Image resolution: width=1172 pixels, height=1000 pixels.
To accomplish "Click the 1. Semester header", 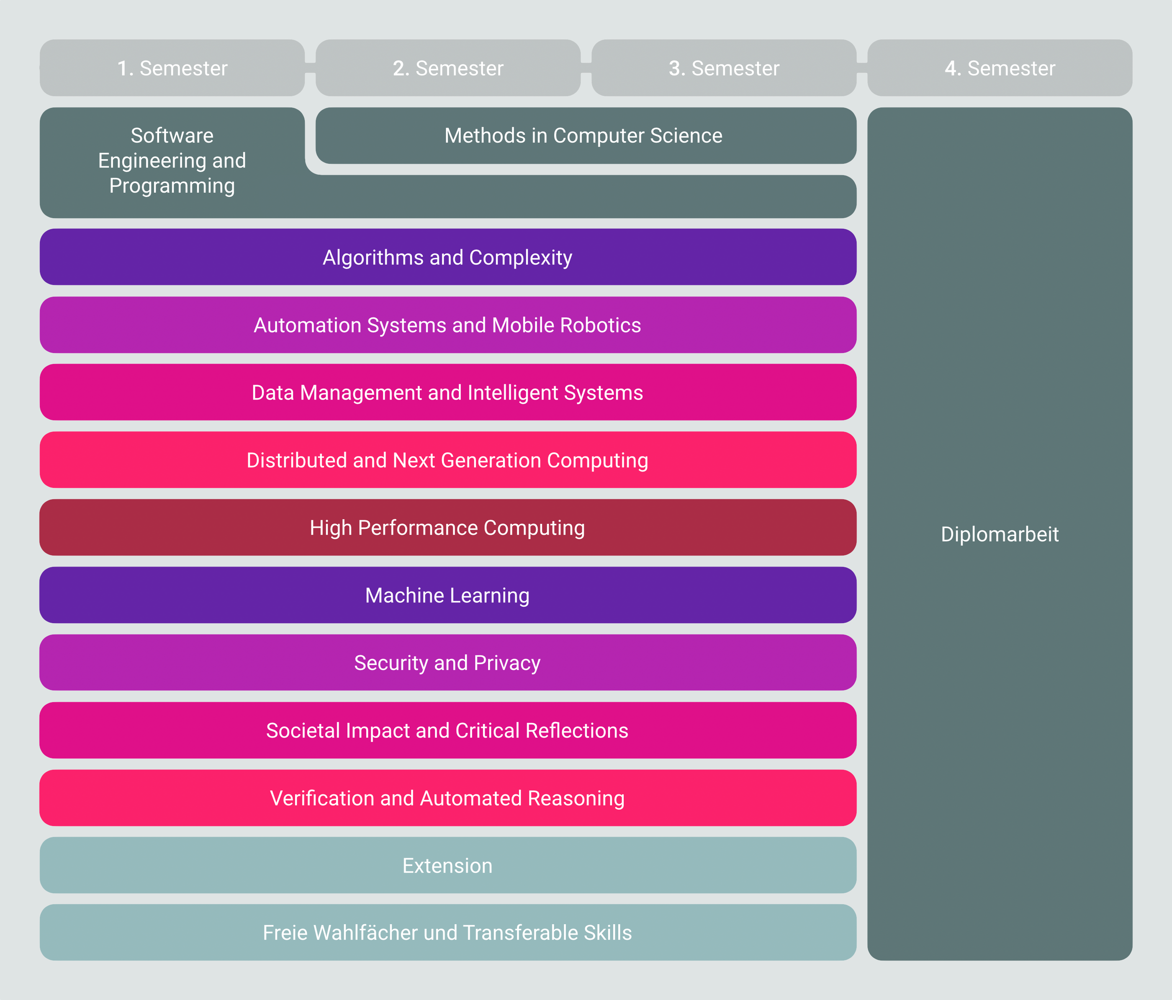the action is (x=172, y=68).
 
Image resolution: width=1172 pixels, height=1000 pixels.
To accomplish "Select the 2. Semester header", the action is (x=448, y=68).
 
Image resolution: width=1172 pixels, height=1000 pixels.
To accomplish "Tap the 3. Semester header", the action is (x=724, y=68).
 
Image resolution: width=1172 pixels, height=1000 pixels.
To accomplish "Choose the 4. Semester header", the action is (x=1000, y=68).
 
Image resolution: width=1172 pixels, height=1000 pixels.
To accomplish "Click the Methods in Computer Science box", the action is (x=586, y=136).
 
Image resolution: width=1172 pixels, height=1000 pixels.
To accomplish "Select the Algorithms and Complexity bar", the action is (x=448, y=257).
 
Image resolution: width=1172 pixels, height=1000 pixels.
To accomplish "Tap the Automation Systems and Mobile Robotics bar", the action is (x=448, y=325).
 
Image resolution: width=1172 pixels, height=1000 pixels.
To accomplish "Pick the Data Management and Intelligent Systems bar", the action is (x=448, y=392).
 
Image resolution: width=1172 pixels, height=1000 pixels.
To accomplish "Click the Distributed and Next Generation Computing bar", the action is (x=448, y=460).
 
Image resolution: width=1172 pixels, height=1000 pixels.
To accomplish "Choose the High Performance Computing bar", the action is (x=448, y=528).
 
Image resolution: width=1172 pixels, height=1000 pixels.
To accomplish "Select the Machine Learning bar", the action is (x=448, y=595).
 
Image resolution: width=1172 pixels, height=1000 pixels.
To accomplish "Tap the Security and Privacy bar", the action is (x=448, y=663).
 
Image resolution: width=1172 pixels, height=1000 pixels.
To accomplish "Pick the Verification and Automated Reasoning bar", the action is (x=448, y=798).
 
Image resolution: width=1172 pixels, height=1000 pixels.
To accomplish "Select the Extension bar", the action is (x=448, y=865).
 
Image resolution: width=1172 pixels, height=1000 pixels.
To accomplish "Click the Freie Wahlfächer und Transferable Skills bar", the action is (x=448, y=933).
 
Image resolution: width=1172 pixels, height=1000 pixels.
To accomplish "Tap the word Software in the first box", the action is (x=172, y=136).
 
